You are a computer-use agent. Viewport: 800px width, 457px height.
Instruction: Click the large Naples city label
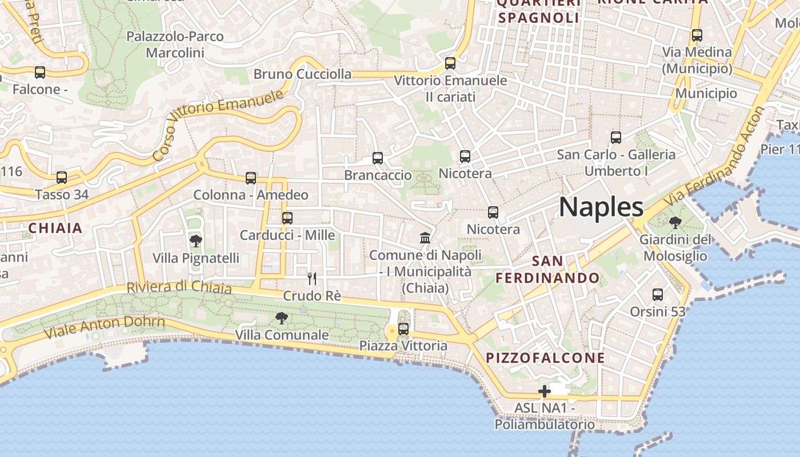point(601,207)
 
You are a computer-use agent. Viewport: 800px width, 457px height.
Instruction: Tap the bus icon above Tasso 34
point(62,178)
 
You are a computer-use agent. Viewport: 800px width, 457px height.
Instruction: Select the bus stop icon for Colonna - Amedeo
point(251,178)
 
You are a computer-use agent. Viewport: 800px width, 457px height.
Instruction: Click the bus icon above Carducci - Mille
point(287,218)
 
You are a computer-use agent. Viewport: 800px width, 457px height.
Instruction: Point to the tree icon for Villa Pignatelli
point(196,241)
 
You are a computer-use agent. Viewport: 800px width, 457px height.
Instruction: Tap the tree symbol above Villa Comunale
point(281,318)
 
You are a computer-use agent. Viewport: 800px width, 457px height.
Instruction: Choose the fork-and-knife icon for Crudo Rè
point(312,279)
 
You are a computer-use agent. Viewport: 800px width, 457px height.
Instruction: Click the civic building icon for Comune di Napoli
point(425,238)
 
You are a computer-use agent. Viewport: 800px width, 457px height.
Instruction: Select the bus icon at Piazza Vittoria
point(403,329)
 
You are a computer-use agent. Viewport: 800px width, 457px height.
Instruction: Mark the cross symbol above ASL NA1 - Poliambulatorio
point(545,392)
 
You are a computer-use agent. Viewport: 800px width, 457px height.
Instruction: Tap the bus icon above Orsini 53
point(658,295)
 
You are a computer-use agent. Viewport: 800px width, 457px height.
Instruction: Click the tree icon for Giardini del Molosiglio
point(675,223)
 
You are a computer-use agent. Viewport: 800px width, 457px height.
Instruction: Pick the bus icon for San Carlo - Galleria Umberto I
point(616,138)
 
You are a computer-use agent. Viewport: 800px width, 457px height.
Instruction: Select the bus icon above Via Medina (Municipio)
point(697,35)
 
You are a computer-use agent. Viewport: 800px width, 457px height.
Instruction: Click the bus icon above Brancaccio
point(378,158)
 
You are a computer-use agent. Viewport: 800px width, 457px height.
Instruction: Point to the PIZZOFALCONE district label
point(545,358)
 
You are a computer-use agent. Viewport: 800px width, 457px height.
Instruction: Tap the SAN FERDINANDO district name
point(547,270)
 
